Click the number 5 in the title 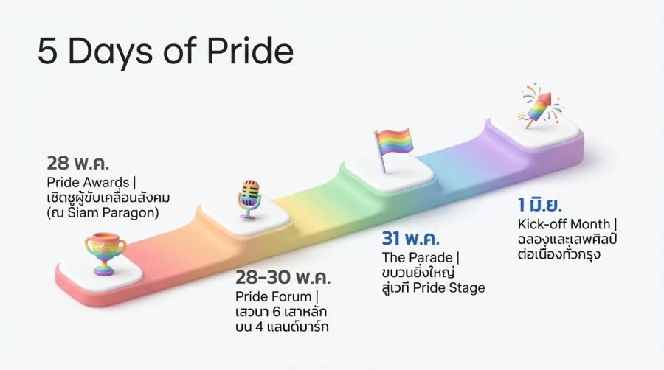pos(47,53)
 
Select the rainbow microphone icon pos(249,198)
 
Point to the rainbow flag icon pos(392,147)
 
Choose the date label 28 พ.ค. pos(78,163)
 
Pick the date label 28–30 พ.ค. pos(283,278)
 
